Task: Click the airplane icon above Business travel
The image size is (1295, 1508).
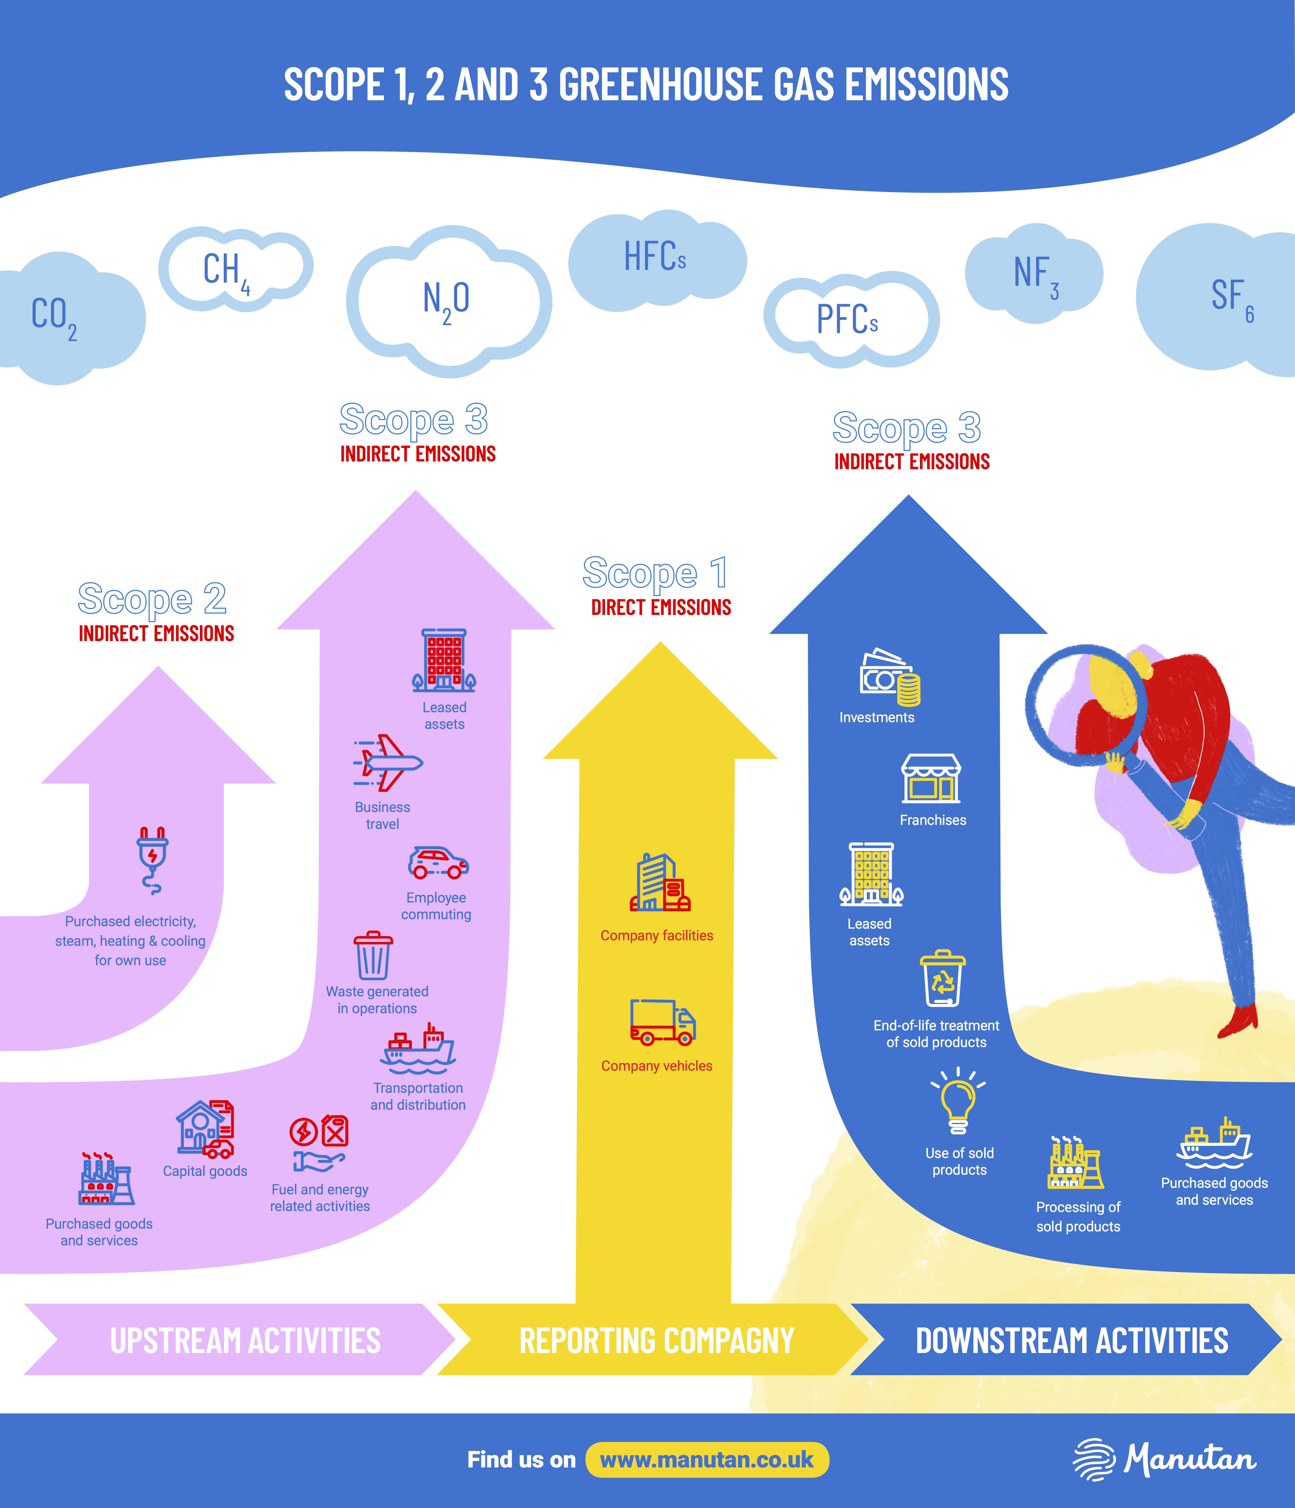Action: coord(388,763)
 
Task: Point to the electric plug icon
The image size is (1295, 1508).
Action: coord(152,859)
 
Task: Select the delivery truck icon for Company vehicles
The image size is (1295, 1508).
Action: coord(662,1023)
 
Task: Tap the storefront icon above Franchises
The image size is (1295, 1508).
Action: coord(930,779)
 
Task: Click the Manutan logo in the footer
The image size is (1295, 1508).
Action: coord(1164,1459)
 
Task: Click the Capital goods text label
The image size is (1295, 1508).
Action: coord(205,1171)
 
